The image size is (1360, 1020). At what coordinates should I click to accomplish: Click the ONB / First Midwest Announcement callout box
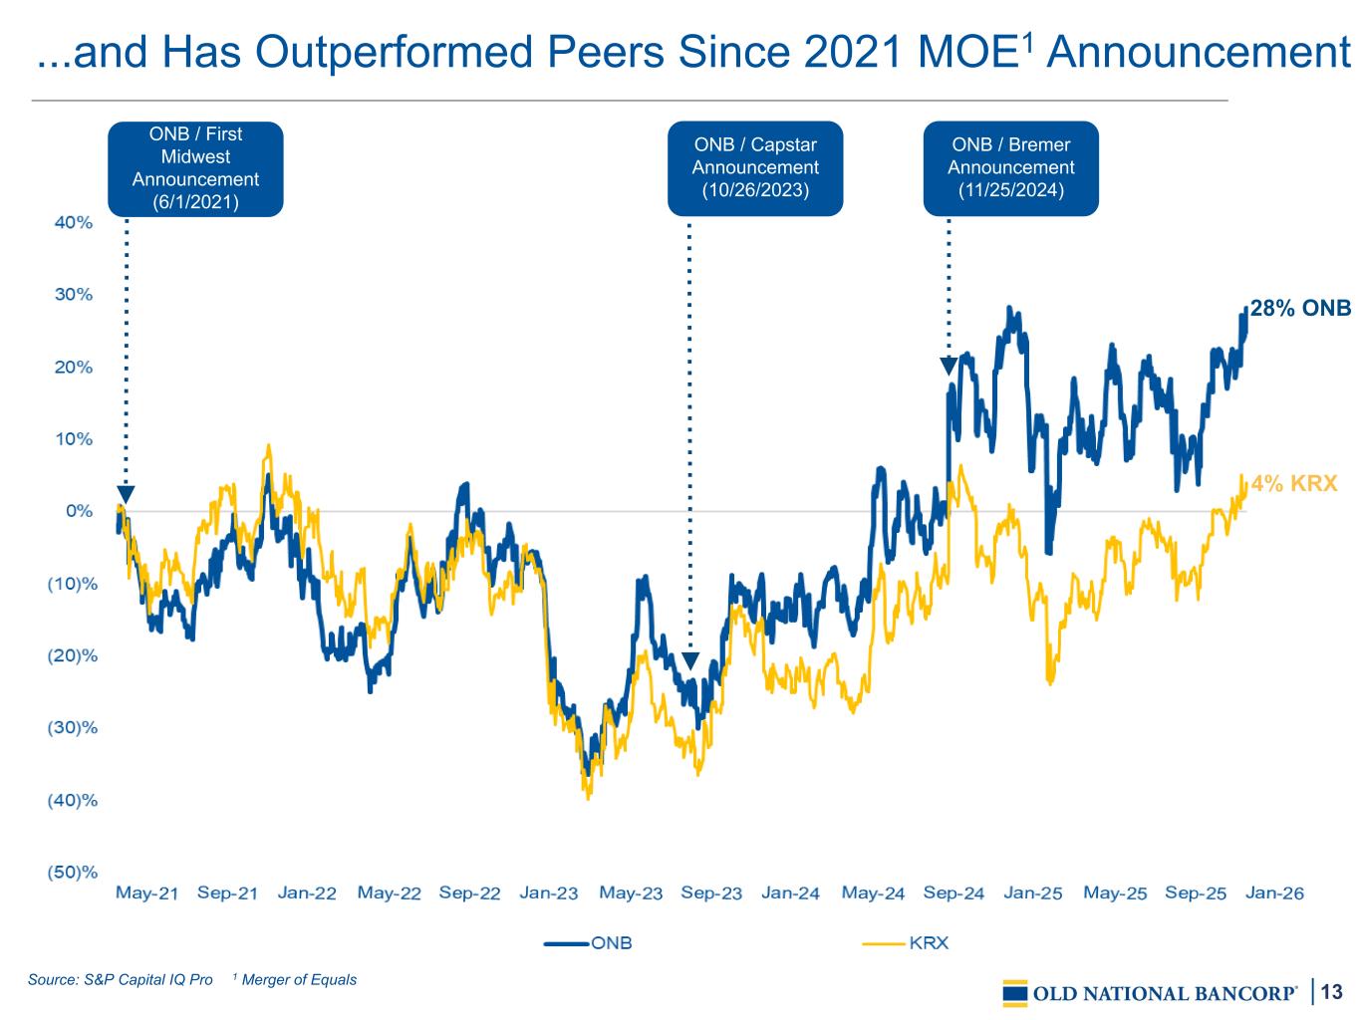tap(195, 168)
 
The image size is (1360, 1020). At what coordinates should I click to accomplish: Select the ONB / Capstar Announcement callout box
tap(755, 168)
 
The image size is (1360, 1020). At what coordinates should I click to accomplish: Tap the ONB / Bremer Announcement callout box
tap(1010, 168)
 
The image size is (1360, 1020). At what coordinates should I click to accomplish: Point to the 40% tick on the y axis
tap(73, 222)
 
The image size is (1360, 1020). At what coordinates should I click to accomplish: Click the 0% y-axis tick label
tap(79, 511)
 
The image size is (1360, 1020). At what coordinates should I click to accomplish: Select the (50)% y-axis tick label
tap(73, 873)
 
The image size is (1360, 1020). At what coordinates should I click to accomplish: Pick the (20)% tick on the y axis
tap(73, 655)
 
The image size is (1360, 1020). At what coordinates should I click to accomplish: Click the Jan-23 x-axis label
tap(548, 892)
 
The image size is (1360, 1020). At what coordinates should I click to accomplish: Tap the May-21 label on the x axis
tap(146, 892)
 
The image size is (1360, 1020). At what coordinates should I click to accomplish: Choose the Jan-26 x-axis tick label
tap(1274, 892)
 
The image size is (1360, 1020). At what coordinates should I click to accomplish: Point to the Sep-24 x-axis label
tap(953, 892)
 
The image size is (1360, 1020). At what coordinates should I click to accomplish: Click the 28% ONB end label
tap(1300, 309)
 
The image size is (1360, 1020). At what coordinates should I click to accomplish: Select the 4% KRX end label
tap(1294, 484)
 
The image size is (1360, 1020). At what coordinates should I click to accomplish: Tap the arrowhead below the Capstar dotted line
tap(689, 661)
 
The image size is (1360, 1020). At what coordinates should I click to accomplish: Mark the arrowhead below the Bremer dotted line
tap(949, 367)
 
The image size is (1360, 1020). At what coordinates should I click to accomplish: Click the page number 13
tap(1331, 991)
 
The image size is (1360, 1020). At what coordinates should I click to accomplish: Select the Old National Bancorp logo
tap(1151, 993)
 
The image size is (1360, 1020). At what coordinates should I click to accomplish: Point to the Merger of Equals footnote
tap(295, 979)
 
